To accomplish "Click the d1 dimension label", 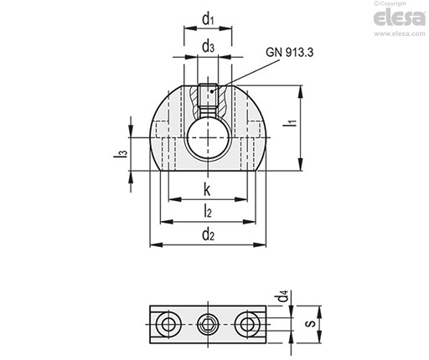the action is pyautogui.click(x=208, y=19).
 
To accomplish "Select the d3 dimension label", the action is pyautogui.click(x=208, y=46).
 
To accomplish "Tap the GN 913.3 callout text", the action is pyautogui.click(x=289, y=52).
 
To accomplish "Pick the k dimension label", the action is pyautogui.click(x=207, y=189).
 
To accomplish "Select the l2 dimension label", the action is pyautogui.click(x=208, y=211).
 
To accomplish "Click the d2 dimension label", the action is pyautogui.click(x=208, y=234).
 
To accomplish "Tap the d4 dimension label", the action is pyautogui.click(x=282, y=296).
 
